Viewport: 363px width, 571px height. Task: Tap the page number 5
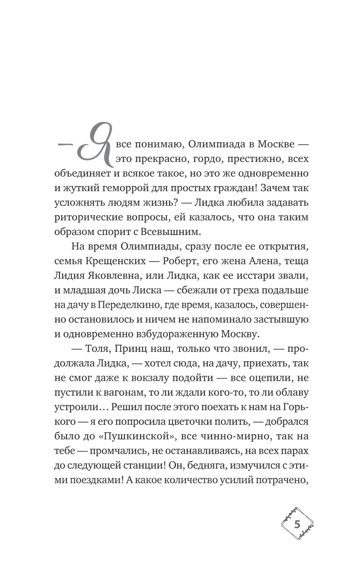coord(297,524)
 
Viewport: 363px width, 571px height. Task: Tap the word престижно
coord(250,158)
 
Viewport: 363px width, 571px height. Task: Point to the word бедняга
coord(207,466)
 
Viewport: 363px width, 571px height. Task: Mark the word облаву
coord(291,392)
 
